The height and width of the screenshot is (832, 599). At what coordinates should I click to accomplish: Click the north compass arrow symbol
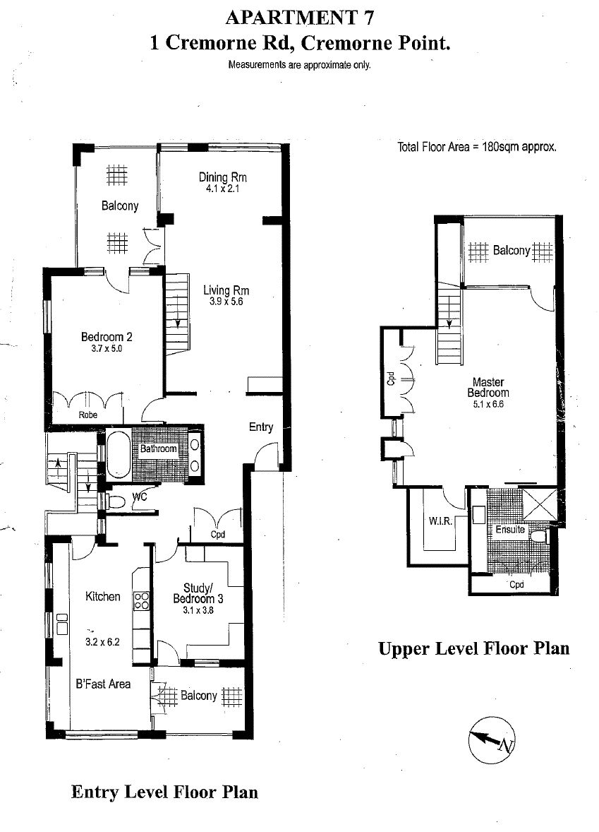(x=492, y=740)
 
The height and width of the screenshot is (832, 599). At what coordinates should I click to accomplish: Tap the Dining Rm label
(x=223, y=177)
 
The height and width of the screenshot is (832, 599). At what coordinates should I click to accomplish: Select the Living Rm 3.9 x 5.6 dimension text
(x=226, y=302)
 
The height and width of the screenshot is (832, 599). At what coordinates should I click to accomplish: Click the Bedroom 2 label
(x=107, y=336)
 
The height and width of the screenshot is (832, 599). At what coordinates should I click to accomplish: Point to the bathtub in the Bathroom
(x=119, y=453)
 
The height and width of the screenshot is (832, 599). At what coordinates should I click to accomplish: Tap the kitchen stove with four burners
(x=142, y=600)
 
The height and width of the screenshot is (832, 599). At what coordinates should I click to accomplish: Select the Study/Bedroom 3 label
(x=198, y=593)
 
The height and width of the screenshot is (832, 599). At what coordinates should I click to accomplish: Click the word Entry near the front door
(x=261, y=427)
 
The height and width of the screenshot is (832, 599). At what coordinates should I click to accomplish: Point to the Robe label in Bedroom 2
(x=88, y=415)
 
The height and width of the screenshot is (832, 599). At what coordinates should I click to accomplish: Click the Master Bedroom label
(x=488, y=387)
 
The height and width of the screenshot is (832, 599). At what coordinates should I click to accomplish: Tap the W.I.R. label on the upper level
(x=440, y=521)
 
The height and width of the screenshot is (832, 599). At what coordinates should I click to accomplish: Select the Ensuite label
(x=510, y=529)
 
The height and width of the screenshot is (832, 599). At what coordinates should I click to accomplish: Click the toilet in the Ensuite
(x=538, y=536)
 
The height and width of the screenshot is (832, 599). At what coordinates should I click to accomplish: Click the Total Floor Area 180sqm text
(x=477, y=147)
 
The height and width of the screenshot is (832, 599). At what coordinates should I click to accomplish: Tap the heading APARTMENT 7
(x=299, y=18)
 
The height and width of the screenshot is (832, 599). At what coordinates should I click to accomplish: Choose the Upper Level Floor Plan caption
(x=474, y=648)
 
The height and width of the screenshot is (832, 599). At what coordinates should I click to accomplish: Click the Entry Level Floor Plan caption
(x=164, y=792)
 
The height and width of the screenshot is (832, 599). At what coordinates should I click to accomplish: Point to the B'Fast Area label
(x=103, y=684)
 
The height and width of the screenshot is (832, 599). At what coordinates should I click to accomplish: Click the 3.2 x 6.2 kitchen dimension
(x=102, y=641)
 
